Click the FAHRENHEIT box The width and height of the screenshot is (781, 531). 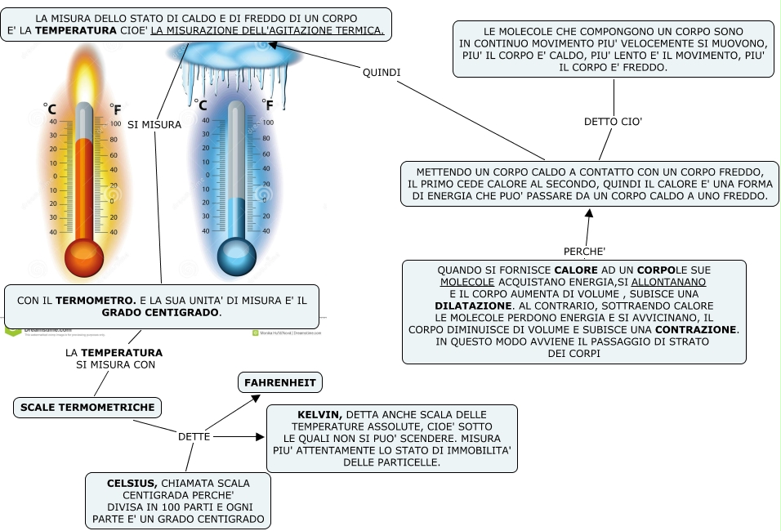[x=280, y=382]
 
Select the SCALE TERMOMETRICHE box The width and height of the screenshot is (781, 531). [x=87, y=407]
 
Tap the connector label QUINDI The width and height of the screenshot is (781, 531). [x=382, y=72]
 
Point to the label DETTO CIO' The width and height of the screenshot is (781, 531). [x=613, y=122]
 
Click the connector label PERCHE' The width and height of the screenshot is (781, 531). [x=584, y=250]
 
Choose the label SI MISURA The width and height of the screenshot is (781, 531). [x=154, y=125]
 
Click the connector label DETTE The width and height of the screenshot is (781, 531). [x=194, y=437]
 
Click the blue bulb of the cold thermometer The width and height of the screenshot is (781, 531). [x=236, y=258]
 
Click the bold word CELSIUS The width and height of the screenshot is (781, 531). [x=132, y=484]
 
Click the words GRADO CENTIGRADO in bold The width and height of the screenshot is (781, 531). [x=161, y=313]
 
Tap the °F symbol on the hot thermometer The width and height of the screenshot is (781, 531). [x=115, y=109]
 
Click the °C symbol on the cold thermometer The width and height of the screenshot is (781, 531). [x=200, y=105]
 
